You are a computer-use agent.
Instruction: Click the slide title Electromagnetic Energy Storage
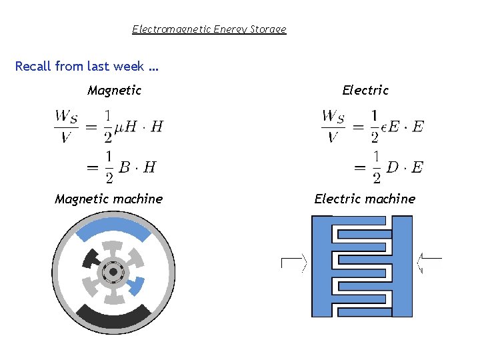[209, 29]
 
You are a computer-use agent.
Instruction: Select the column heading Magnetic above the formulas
[114, 90]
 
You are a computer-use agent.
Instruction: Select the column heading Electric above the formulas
[365, 90]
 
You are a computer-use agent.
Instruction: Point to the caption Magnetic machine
[109, 199]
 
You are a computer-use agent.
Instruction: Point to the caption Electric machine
[365, 199]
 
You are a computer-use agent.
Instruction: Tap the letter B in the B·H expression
[125, 167]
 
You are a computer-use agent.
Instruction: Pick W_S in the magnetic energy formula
[66, 117]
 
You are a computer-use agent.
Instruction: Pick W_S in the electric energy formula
[333, 117]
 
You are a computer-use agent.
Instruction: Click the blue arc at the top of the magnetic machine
[113, 229]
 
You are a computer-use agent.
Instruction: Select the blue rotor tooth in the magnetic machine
[136, 287]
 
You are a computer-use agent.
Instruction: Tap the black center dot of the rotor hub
[113, 272]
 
